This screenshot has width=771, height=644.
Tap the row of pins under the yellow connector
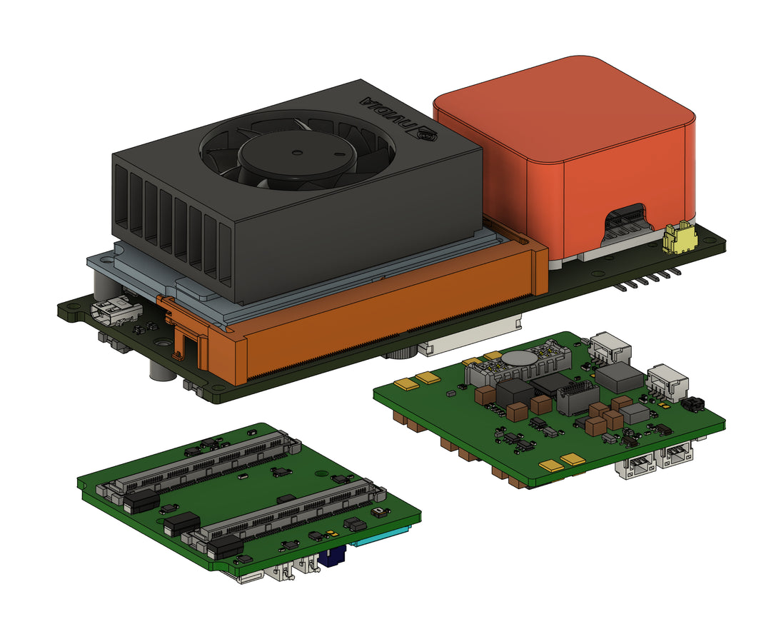[x=648, y=280]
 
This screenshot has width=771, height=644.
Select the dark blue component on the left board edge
[x=331, y=559]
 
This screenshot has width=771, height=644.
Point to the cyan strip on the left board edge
[x=381, y=537]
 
